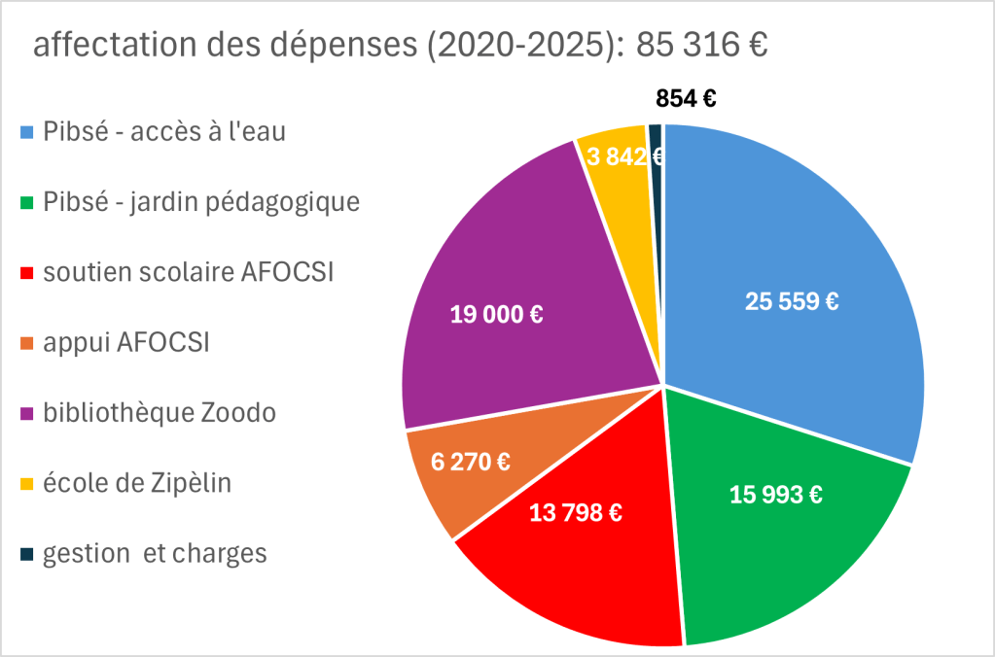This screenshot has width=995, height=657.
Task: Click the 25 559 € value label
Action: tap(792, 301)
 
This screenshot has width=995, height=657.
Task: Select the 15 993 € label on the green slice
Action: tap(776, 495)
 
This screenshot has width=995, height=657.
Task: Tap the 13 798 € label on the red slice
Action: tap(575, 512)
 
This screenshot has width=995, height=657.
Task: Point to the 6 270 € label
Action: tap(471, 462)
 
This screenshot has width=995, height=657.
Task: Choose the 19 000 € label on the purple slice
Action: tap(497, 314)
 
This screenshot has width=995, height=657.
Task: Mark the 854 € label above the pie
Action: tap(686, 98)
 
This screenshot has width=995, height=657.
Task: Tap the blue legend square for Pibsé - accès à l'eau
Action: tap(25, 132)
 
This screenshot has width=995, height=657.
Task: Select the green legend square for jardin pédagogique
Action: tap(25, 202)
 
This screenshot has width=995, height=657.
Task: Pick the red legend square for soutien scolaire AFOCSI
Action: tap(25, 273)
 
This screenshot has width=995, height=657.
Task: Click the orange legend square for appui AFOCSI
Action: tap(25, 343)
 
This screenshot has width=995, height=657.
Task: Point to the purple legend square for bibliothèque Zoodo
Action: tap(25, 414)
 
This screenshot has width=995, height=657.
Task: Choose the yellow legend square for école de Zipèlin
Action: tap(25, 484)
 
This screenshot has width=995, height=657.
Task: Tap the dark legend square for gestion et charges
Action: tap(25, 555)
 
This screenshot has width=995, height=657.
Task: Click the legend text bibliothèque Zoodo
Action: tap(160, 413)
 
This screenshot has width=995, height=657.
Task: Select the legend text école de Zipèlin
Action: tap(137, 483)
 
